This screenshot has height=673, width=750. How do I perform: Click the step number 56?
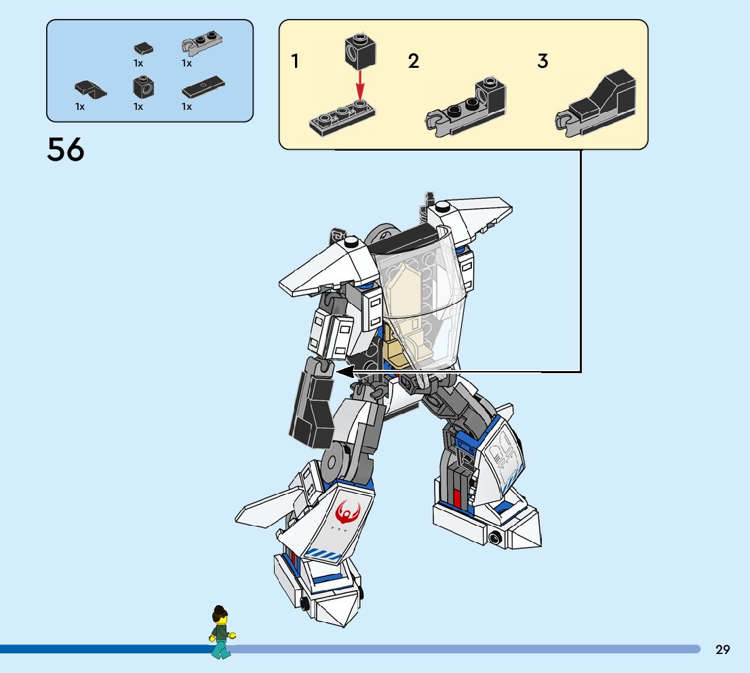point(66,149)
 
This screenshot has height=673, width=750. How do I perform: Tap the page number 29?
point(722,650)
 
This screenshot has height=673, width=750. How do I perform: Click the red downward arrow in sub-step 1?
point(360,88)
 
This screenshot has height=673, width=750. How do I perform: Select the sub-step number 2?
point(414,61)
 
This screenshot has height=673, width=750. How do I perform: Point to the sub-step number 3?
point(542,61)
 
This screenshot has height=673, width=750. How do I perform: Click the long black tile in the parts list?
point(203,86)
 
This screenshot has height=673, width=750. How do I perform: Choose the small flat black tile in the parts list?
point(143,48)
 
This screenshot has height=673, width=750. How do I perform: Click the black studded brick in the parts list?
point(142,87)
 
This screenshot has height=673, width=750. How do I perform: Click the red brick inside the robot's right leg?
point(458,499)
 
